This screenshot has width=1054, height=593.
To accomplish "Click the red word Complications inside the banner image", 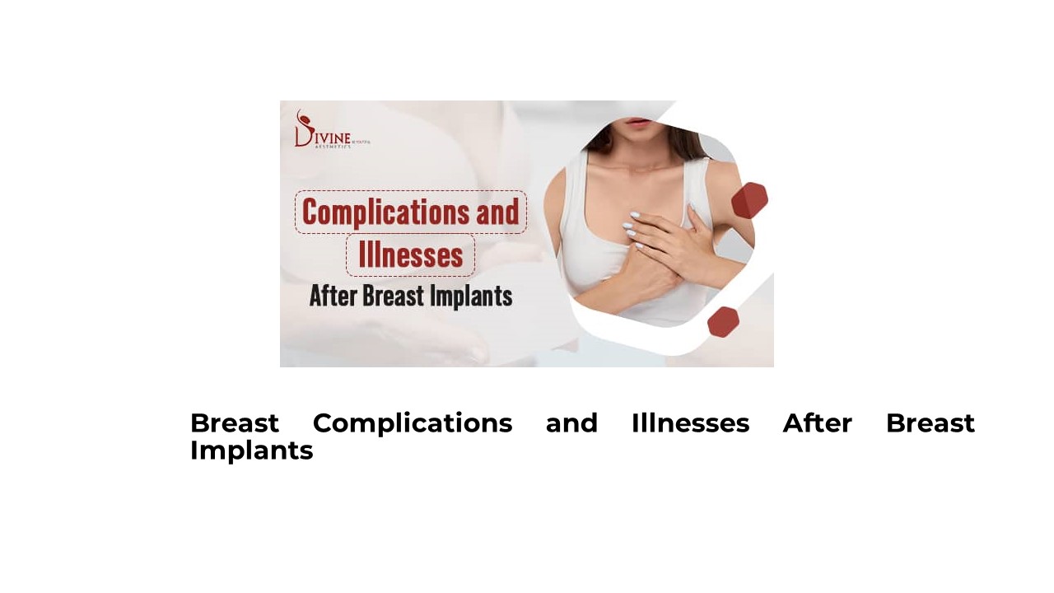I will [x=376, y=212].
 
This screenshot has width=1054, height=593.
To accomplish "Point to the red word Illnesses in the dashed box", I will [x=410, y=255].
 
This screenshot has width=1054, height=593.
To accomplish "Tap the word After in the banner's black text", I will [x=333, y=296].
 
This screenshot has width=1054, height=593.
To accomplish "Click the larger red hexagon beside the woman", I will [x=749, y=200].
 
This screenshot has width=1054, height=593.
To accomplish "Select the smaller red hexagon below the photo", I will [x=723, y=321].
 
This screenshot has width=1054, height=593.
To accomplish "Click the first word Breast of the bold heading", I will [x=235, y=423].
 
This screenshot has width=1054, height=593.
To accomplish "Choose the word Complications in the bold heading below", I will [x=413, y=423].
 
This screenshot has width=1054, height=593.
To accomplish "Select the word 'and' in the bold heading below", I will [x=571, y=423].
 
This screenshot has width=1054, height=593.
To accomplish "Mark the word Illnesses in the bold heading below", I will [x=690, y=423].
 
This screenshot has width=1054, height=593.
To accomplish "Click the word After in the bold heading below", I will [x=817, y=423].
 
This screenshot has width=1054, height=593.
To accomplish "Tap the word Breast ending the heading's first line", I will [x=930, y=423].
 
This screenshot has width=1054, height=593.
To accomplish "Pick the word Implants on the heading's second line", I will [x=251, y=451].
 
